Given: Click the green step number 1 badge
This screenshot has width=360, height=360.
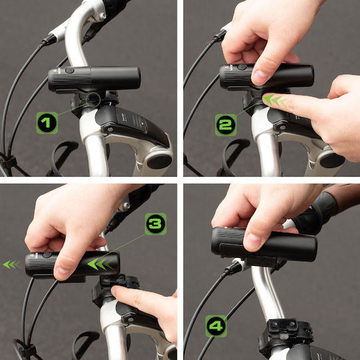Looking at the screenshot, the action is pos(47,123).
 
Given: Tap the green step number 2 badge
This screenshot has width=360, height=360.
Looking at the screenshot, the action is pos(226,125).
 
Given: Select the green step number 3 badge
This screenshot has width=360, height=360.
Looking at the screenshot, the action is pos(155,224).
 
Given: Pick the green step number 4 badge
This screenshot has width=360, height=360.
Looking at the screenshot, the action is pos(216,326).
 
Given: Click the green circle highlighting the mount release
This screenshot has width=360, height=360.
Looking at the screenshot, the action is pos(93,99).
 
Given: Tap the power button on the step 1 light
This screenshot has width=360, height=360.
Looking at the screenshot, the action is pos(69,71).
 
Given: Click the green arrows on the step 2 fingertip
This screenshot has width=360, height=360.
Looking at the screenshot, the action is pos(275,101).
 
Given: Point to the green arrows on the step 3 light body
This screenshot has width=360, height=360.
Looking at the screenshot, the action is pos(100,264).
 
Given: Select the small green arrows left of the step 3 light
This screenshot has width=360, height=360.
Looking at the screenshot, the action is pos(11,265).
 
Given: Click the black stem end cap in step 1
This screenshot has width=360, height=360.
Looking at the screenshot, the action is pos(159,161).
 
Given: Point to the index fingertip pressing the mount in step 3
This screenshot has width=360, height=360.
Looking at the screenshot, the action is pos(115,291).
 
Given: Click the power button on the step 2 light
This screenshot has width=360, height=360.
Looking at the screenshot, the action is pos(242,67).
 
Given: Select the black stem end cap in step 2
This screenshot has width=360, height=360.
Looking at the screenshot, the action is pos(332,160).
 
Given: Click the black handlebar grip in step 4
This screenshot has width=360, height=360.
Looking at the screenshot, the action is pos(316,212).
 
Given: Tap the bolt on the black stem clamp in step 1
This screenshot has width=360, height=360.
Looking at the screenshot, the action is pos(110,129).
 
